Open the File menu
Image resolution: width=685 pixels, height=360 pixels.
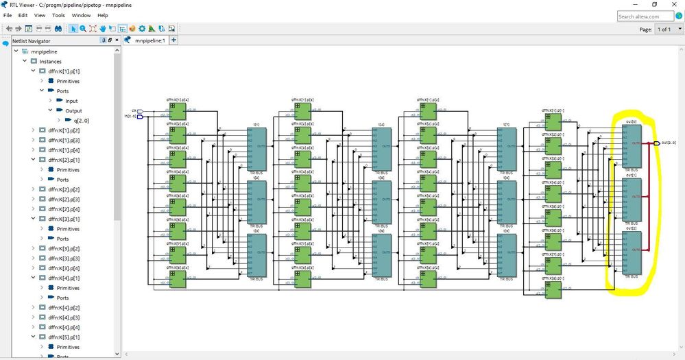8,15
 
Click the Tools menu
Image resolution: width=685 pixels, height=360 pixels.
59,15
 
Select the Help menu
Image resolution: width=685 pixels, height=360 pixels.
103,15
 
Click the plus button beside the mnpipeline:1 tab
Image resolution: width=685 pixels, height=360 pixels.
173,40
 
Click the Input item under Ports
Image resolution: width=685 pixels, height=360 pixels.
71,101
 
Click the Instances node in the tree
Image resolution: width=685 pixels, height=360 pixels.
50,62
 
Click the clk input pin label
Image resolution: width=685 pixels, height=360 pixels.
134,110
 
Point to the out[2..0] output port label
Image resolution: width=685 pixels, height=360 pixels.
669,143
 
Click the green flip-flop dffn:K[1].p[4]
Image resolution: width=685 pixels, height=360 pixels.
177,110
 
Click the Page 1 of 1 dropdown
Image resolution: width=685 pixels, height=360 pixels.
665,29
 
